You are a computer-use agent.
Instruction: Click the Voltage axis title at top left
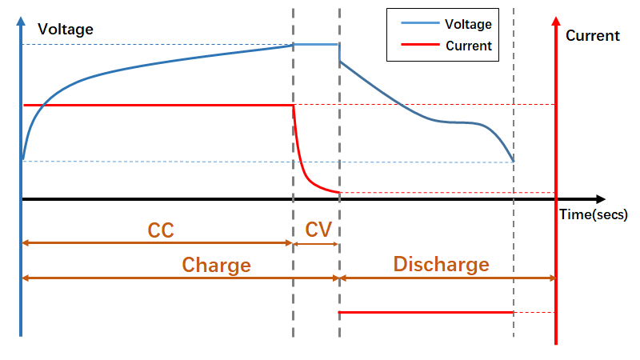(x=66, y=30)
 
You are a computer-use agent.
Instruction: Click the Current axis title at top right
(x=592, y=36)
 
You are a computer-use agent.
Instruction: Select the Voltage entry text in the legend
(x=468, y=25)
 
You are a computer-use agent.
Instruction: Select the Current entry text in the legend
(x=468, y=46)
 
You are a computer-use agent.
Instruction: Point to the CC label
(x=161, y=230)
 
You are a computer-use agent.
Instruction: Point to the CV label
(x=318, y=230)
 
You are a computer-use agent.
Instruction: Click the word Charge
(x=216, y=265)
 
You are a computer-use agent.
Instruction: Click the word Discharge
(x=441, y=265)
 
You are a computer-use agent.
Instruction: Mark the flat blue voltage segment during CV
(x=317, y=45)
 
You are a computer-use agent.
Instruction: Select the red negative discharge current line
(x=426, y=312)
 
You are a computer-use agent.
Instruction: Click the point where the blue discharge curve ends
(x=513, y=161)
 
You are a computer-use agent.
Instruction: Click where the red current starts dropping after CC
(x=294, y=106)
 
